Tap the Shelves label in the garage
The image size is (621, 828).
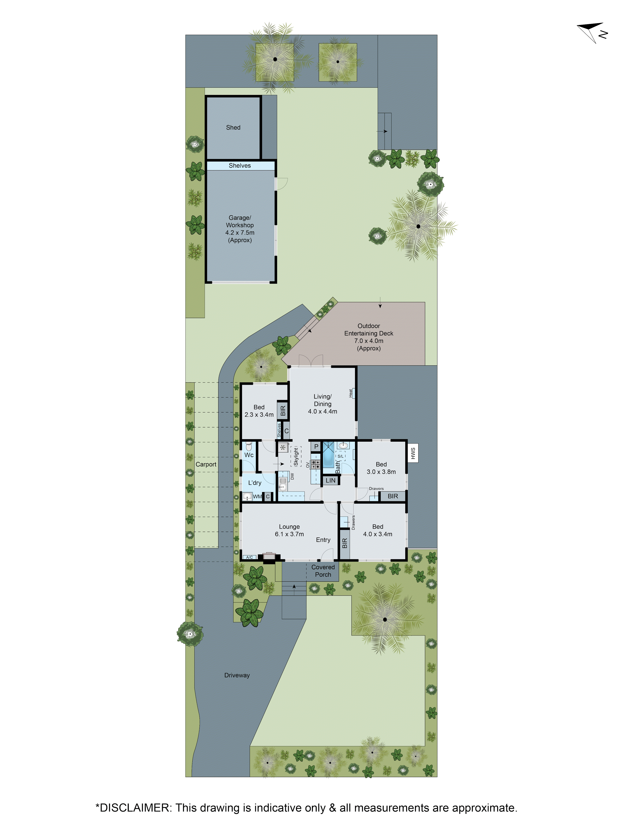point(239,165)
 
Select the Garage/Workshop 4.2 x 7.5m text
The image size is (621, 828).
point(239,229)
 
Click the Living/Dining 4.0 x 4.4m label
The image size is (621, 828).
point(322,404)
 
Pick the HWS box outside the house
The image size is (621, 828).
point(413,453)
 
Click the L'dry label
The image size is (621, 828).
point(255,483)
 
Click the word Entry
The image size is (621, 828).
point(323,540)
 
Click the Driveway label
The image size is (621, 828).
point(237,675)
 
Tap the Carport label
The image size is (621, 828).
point(206,465)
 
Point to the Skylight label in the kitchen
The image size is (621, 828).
point(296,457)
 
